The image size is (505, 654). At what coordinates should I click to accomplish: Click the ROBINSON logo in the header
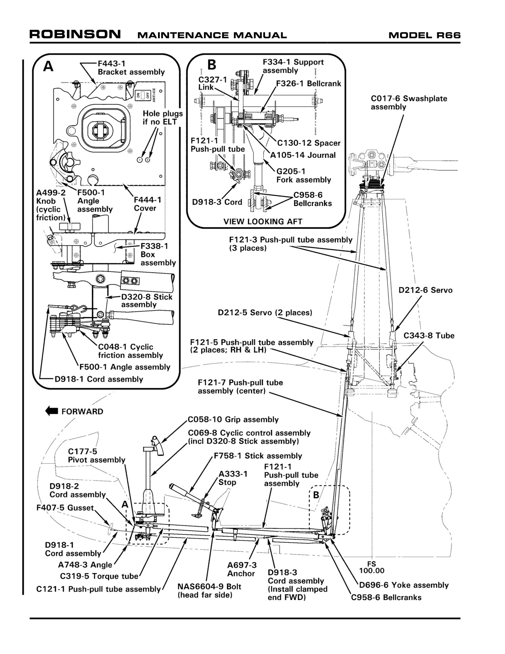pyautogui.click(x=75, y=34)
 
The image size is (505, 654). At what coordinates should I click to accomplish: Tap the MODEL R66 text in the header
pyautogui.click(x=424, y=35)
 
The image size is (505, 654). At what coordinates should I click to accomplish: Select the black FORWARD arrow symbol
pyautogui.click(x=51, y=411)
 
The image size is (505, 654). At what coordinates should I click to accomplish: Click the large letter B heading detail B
pyautogui.click(x=212, y=64)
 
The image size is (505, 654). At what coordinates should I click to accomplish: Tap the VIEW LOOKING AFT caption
pyautogui.click(x=263, y=222)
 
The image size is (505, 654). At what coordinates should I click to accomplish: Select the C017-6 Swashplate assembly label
pyautogui.click(x=409, y=103)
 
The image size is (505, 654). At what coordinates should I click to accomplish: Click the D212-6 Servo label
pyautogui.click(x=426, y=290)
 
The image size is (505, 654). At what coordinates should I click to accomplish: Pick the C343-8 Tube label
pyautogui.click(x=429, y=335)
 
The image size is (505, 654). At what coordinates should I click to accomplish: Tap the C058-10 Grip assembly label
pyautogui.click(x=233, y=419)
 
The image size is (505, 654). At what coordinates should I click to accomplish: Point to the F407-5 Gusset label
pyautogui.click(x=65, y=508)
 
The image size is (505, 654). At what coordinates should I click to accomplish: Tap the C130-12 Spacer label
pyautogui.click(x=309, y=143)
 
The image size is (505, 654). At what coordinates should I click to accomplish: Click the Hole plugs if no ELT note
pyautogui.click(x=163, y=118)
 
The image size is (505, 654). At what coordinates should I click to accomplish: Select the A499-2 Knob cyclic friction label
pyautogui.click(x=51, y=205)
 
